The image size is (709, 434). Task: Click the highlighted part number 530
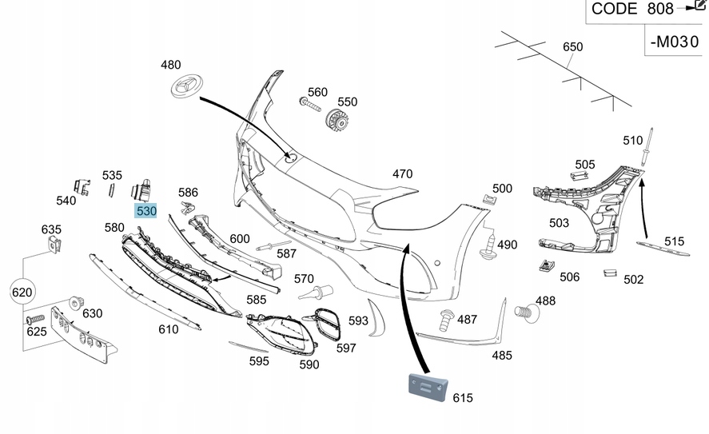pyautogui.click(x=146, y=211)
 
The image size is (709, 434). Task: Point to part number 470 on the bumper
pyautogui.click(x=402, y=173)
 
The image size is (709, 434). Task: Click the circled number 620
pyautogui.click(x=22, y=293)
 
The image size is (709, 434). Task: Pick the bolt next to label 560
pyautogui.click(x=309, y=105)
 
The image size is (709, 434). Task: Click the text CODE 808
pyautogui.click(x=626, y=9)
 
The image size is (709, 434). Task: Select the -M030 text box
pyautogui.click(x=674, y=41)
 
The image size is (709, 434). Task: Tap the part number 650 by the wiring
pyautogui.click(x=573, y=47)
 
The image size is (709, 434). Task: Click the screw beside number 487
pyautogui.click(x=446, y=321)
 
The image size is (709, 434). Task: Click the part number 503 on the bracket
pyautogui.click(x=559, y=223)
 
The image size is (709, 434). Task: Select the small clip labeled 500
pyautogui.click(x=485, y=199)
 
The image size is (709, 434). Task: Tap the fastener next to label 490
pyautogui.click(x=487, y=247)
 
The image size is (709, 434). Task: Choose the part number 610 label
pyautogui.click(x=168, y=328)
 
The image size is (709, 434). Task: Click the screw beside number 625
pyautogui.click(x=36, y=319)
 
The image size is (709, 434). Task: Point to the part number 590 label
pyautogui.click(x=309, y=364)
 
